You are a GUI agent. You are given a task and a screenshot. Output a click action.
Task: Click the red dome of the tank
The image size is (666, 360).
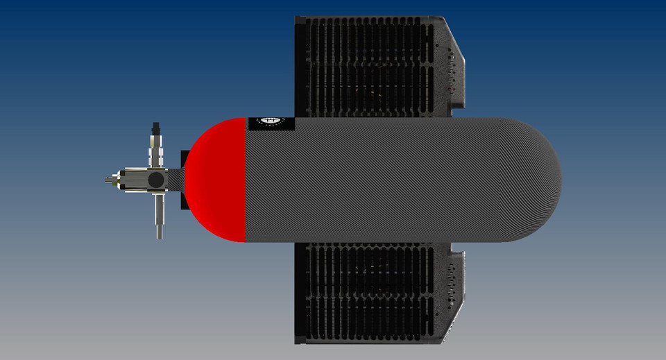point(219,180)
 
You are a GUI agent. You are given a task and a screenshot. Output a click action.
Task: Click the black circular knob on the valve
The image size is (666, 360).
point(157,180)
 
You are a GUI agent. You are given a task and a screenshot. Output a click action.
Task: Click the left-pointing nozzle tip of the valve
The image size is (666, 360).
point(108,180)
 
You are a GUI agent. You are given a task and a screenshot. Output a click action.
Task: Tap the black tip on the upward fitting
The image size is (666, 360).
point(157,128)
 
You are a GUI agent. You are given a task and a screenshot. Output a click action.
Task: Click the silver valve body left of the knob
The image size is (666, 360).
point(132,180)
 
